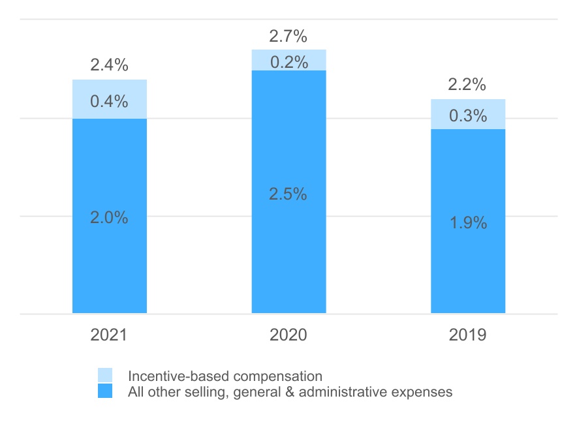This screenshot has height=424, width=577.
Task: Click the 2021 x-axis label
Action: click(109, 335)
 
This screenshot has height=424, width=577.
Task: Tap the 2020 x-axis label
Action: click(288, 335)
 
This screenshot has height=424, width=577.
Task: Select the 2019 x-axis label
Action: click(467, 335)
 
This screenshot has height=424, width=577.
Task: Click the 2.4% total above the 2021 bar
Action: click(109, 65)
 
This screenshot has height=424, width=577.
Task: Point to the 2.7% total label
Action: click(288, 35)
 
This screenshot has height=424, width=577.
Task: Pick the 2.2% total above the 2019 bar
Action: click(467, 85)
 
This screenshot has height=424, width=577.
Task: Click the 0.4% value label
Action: click(109, 102)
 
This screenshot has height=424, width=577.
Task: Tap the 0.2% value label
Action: click(288, 62)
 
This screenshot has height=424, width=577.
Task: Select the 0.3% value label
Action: click(467, 116)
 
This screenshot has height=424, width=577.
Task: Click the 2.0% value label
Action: click(109, 218)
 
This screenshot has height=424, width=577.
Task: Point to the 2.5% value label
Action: click(288, 194)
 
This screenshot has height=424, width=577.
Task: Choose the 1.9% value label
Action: click(467, 222)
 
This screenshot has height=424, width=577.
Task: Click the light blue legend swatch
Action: click(105, 376)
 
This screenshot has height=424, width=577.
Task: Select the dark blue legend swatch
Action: click(105, 391)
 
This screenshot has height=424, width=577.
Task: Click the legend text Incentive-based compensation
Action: click(225, 376)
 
